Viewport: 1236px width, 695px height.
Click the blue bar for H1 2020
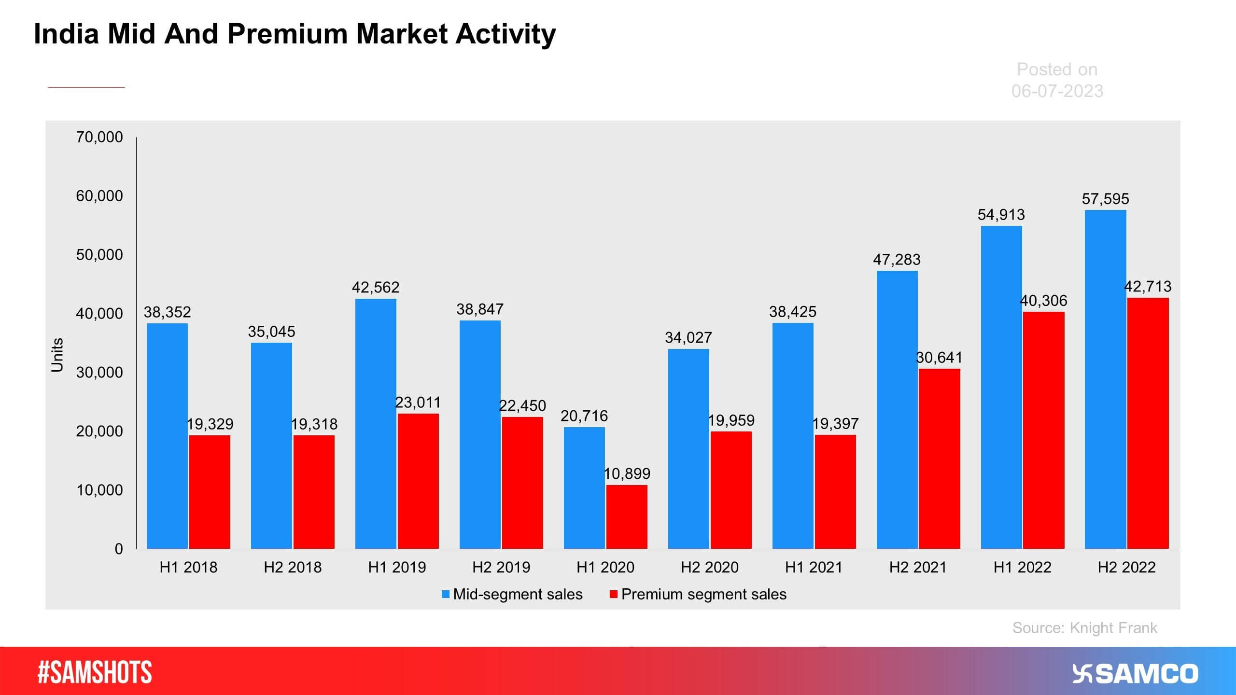coord(584,487)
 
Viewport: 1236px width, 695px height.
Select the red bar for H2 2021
coord(939,459)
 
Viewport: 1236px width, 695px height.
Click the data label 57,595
coord(1105,199)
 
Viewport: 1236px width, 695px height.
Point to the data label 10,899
coord(627,473)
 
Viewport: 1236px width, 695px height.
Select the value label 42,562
coord(376,288)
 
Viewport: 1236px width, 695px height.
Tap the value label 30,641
coord(939,358)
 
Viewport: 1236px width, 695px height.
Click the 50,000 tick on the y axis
coord(99,255)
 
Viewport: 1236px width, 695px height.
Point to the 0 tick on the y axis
coord(119,549)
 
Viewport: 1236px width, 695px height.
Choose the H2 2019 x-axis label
coord(501,567)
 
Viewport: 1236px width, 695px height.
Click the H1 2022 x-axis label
coord(1022,567)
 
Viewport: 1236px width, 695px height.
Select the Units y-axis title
coord(57,355)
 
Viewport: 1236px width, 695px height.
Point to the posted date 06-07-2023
coord(1057,91)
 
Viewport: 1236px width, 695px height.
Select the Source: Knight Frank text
coord(1084,627)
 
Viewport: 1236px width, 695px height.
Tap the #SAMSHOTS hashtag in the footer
coord(95,672)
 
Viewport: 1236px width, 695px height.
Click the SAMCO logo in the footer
coord(1135,674)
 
